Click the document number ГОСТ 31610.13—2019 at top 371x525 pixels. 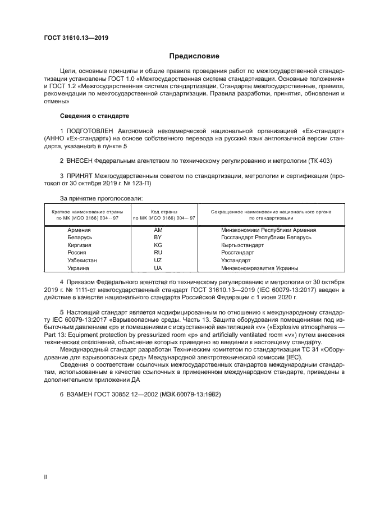pos(76,38)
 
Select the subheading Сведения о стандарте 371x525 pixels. pos(94,116)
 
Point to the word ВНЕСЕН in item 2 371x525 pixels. pos(79,160)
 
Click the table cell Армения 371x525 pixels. pos(79,230)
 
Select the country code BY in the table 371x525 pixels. pos(158,238)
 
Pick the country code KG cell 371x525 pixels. pos(158,245)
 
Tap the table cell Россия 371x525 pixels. pos(76,253)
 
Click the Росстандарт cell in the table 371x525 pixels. pos(239,253)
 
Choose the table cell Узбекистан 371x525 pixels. pos(82,261)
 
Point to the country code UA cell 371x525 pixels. pos(158,268)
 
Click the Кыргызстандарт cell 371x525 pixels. pos(242,245)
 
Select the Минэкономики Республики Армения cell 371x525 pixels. pos(262,230)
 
